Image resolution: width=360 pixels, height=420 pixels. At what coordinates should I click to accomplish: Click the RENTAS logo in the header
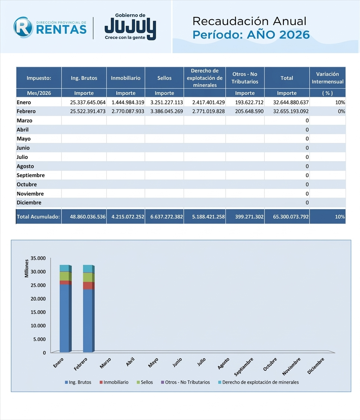[50, 27]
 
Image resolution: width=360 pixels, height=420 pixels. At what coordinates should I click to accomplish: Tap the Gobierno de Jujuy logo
[130, 27]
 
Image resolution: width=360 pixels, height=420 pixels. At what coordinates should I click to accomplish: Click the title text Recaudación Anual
[249, 21]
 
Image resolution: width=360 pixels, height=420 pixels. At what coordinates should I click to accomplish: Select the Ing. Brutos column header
[84, 78]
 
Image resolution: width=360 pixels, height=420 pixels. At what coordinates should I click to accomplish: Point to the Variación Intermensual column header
[327, 78]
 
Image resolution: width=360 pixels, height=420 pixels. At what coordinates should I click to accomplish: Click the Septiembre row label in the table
[31, 175]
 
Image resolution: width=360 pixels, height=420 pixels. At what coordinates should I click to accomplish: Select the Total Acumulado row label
[39, 217]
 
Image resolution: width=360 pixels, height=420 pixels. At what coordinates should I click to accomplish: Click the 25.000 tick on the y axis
[38, 285]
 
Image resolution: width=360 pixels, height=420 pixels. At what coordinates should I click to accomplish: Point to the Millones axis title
[27, 268]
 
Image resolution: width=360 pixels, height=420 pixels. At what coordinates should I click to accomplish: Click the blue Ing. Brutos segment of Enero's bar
[64, 319]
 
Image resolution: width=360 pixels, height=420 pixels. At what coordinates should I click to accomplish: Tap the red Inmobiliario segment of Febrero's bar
[88, 285]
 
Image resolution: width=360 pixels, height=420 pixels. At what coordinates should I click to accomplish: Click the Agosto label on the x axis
[224, 364]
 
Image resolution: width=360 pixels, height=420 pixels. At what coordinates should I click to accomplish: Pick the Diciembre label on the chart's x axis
[316, 366]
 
